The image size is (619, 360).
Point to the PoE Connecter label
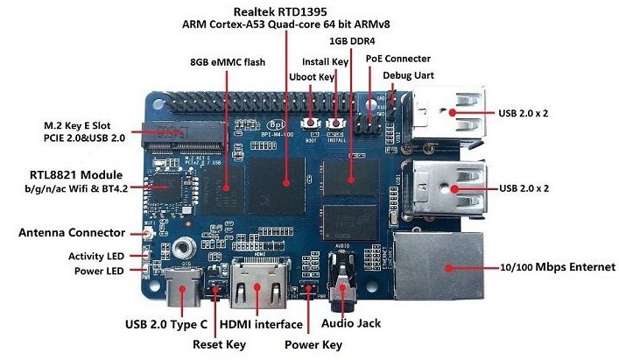pos(398,58)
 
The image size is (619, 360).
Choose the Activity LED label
pos(99,256)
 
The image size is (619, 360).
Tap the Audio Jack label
pos(350,323)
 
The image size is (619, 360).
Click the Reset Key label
pos(220,344)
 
